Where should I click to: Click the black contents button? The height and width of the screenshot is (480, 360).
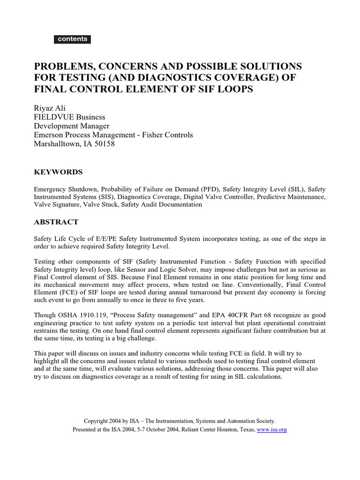point(72,39)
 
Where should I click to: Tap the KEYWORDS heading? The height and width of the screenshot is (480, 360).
point(58,172)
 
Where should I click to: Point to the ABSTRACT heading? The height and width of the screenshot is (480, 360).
point(56,222)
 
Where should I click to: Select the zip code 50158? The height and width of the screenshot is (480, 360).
point(104,144)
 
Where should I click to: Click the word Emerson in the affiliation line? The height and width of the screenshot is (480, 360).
point(51,135)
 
